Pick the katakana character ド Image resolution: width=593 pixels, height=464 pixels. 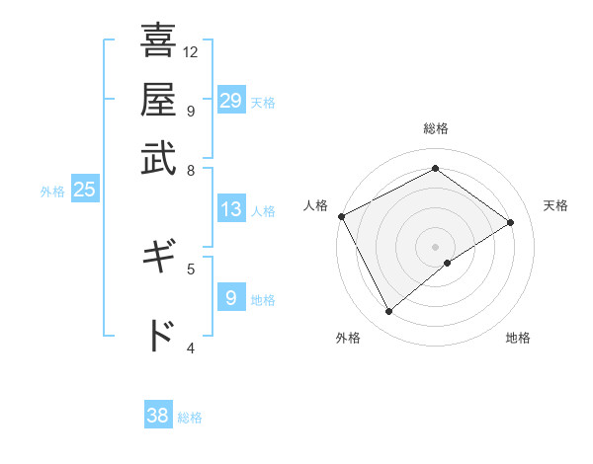(158, 336)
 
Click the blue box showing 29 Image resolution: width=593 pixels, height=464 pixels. (230, 101)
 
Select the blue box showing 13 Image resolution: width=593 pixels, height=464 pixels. (230, 209)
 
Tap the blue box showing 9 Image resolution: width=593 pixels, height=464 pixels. (230, 298)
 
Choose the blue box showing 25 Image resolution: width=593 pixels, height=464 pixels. (84, 190)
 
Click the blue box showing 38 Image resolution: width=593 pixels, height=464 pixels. (157, 416)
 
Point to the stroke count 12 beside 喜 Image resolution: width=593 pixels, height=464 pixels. (191, 51)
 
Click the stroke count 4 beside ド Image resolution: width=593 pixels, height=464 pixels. (191, 347)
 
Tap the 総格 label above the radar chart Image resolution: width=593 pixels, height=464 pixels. (435, 128)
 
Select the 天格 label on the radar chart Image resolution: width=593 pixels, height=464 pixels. (555, 205)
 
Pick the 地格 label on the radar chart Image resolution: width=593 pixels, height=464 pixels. (518, 338)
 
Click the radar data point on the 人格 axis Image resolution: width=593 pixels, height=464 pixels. (341, 216)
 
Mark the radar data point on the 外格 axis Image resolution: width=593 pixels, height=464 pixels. (388, 312)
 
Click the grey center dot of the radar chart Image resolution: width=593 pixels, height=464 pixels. (435, 246)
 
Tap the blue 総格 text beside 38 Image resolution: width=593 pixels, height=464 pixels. (190, 418)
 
